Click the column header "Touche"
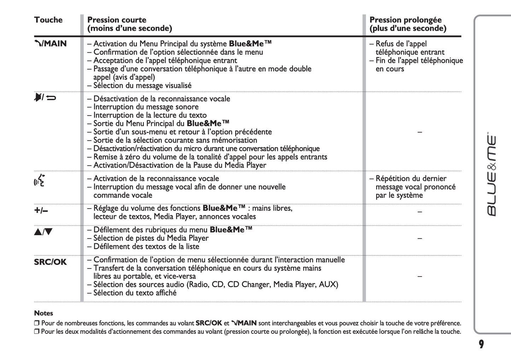48,20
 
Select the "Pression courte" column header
117,20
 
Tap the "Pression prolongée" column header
405,20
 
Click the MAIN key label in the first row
51,43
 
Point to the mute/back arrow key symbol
45,97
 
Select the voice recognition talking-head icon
40,180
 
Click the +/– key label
41,210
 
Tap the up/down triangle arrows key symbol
43,232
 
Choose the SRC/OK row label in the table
50,262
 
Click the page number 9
481,344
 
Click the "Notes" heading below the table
43,313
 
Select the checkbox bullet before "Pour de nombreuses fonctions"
37,323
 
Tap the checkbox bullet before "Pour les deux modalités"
37,331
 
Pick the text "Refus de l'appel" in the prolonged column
401,44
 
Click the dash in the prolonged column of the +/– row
420,212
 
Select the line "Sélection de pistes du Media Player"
151,238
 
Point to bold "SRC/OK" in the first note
209,323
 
